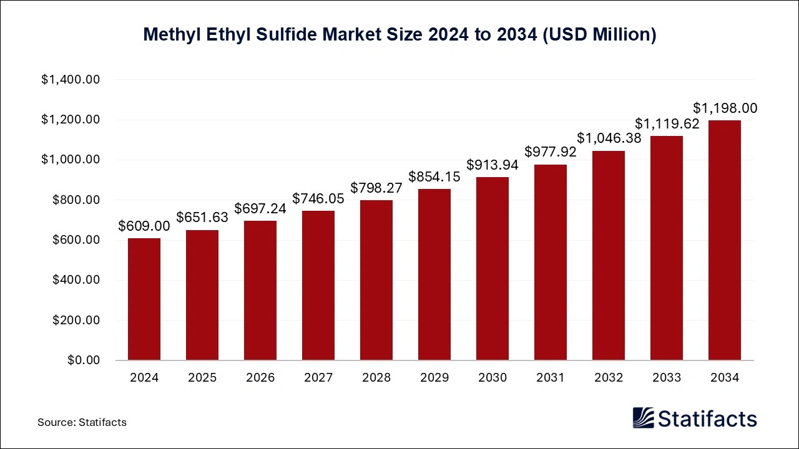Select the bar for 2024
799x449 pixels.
coord(144,299)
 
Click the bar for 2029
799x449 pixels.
coord(434,274)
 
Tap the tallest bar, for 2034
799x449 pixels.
coord(725,240)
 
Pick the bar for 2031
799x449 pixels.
coord(551,262)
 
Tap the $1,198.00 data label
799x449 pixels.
coord(725,109)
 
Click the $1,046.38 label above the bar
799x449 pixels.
coord(609,138)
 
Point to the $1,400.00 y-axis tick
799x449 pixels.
coord(71,80)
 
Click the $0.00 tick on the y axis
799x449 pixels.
coord(84,360)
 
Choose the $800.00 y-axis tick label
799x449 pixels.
coord(75,200)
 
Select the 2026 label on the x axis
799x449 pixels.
coord(260,378)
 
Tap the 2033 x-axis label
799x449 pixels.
coord(667,378)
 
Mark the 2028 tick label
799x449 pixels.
coord(376,378)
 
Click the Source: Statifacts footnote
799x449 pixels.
coord(82,422)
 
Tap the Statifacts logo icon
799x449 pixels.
coord(644,418)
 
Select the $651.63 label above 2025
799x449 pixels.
coord(202,218)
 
